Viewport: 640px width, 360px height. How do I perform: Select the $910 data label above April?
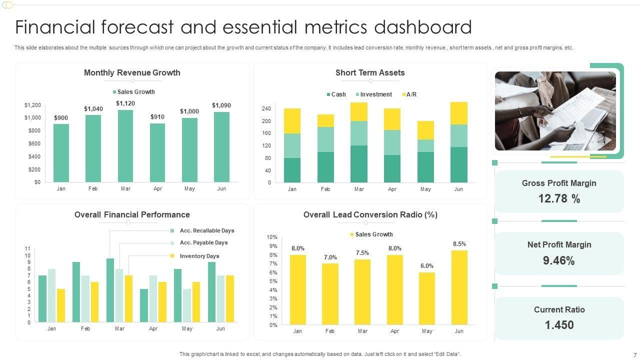click(157, 117)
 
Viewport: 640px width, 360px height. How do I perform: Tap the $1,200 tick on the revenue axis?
click(32, 105)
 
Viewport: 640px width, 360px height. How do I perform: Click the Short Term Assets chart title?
click(370, 72)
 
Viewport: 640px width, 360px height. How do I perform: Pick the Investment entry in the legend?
click(376, 94)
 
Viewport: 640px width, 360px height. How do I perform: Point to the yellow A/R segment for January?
click(292, 121)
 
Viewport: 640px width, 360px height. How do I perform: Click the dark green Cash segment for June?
click(459, 164)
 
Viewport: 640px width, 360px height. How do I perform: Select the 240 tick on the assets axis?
click(266, 108)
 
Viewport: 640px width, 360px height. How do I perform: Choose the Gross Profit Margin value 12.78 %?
click(559, 198)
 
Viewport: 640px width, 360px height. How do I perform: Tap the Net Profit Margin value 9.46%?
click(559, 260)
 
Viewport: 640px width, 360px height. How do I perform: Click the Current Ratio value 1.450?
click(559, 325)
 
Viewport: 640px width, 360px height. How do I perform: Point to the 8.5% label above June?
click(459, 244)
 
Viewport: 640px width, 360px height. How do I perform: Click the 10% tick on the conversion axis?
click(271, 237)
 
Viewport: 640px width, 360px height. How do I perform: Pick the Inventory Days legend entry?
click(199, 256)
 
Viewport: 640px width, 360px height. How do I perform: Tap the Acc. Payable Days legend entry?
click(203, 242)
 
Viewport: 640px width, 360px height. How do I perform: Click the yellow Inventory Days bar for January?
click(61, 305)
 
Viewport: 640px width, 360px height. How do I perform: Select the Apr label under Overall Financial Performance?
click(153, 329)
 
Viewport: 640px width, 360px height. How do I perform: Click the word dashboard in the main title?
click(429, 27)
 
